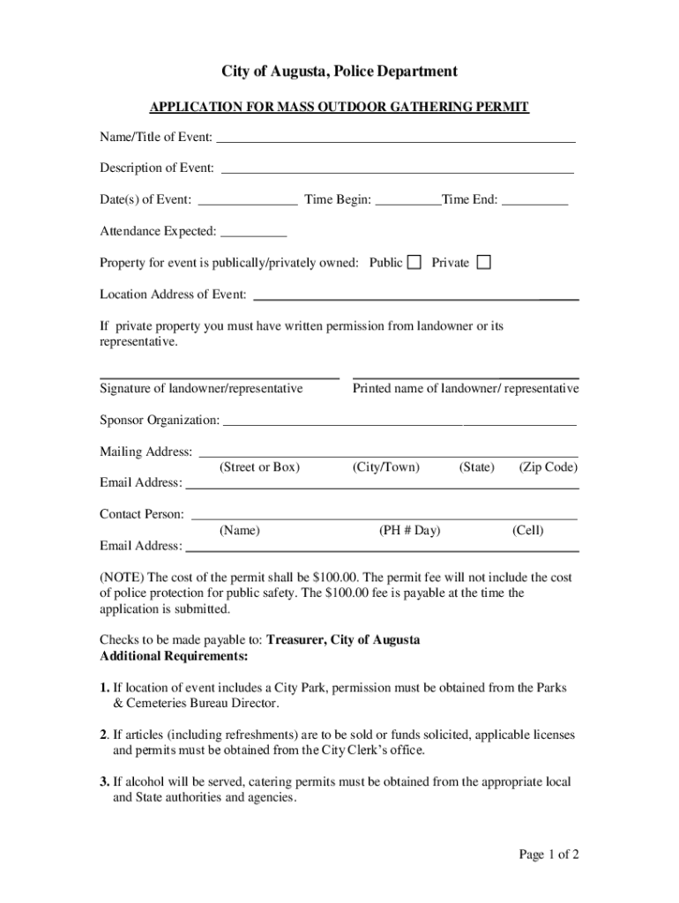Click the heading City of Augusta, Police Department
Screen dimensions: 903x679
point(339,71)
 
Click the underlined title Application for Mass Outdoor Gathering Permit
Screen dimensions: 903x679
point(339,108)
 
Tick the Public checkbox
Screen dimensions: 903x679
point(414,262)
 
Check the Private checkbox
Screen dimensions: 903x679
point(483,262)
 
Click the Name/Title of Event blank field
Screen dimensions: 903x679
point(396,137)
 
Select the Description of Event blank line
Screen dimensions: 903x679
point(397,168)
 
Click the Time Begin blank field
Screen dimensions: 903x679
point(407,199)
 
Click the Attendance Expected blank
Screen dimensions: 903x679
point(254,231)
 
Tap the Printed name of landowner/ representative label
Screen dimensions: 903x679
point(466,389)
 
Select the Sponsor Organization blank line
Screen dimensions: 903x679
point(400,420)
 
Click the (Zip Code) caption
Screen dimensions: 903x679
point(548,467)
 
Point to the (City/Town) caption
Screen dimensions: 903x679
point(386,467)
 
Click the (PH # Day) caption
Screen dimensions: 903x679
point(410,531)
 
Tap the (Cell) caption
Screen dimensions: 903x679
point(528,531)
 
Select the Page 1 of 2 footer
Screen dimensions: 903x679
point(548,854)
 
